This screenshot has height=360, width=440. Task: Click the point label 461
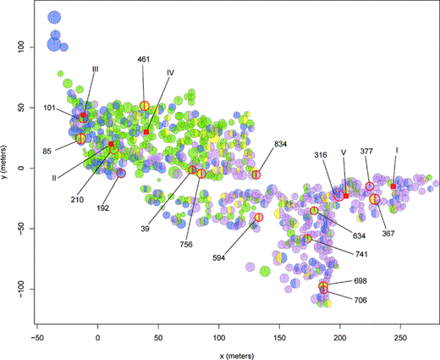pos(144,60)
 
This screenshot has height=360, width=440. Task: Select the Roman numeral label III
pos(96,69)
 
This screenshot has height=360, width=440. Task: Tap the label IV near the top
pos(170,73)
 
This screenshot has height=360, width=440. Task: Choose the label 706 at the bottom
pos(360,300)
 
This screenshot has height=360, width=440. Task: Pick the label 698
pos(360,280)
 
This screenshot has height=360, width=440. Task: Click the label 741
pos(360,254)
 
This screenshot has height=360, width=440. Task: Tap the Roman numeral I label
pos(396,150)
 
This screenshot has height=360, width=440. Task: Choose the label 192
pos(103,208)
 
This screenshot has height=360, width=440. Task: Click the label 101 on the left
pos(51,108)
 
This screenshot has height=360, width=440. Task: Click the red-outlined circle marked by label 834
pos(256,174)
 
